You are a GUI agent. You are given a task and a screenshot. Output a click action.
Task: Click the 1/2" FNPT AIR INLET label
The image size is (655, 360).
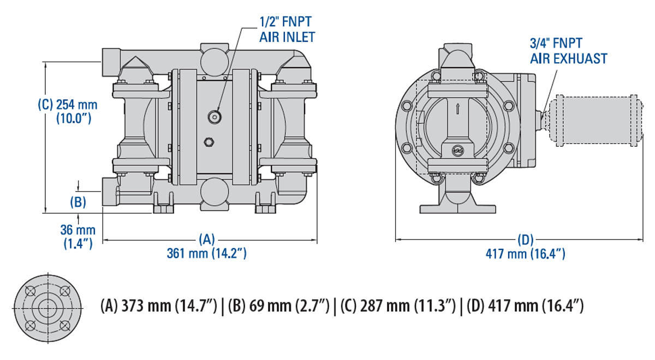tap(287, 29)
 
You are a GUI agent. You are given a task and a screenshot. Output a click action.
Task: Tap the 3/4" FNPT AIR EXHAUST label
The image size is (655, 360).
tap(568, 51)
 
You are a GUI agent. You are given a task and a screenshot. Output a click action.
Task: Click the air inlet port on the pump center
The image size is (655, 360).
tap(215, 116)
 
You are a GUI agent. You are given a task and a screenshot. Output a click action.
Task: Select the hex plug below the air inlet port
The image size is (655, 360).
tap(208, 142)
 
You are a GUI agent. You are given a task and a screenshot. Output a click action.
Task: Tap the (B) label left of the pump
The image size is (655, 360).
tap(78, 202)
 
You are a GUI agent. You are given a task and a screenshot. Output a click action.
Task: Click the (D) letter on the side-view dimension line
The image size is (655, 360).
tap(525, 239)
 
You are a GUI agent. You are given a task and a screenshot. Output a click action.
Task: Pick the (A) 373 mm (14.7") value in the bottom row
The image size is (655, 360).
tap(161, 306)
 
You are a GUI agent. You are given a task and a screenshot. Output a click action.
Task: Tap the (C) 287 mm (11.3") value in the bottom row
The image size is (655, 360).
tap(397, 306)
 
